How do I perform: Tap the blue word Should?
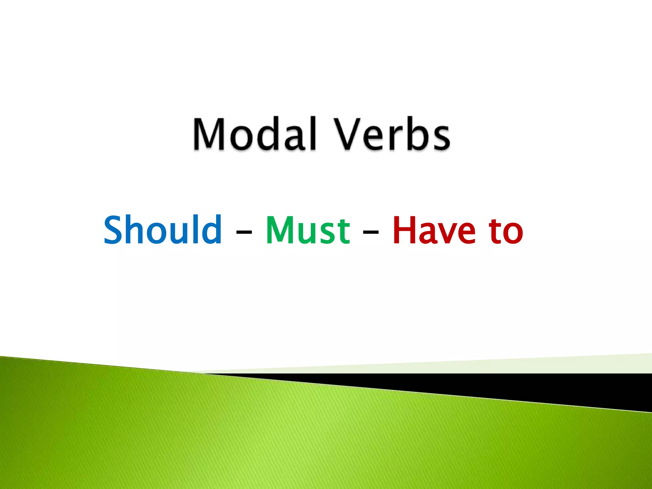point(163,230)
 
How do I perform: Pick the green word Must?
point(308,230)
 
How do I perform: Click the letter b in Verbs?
point(416,134)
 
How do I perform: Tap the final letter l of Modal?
point(313,134)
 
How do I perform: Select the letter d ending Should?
point(213,230)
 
